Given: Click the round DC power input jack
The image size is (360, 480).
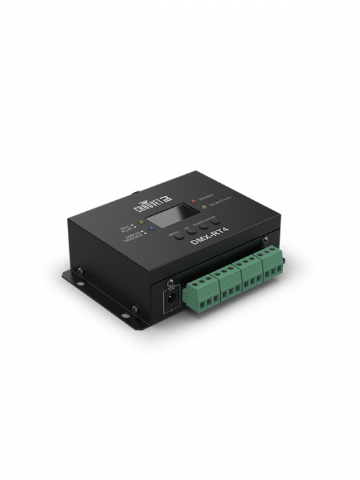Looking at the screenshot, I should tap(168, 300).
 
